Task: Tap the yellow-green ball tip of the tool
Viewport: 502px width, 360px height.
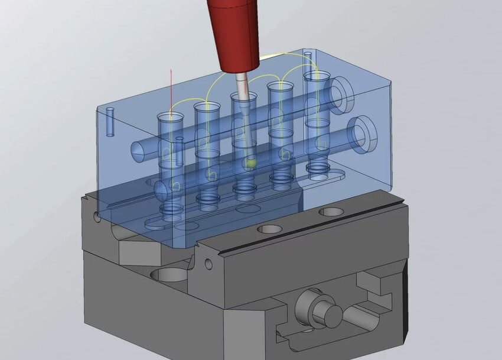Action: click(250, 163)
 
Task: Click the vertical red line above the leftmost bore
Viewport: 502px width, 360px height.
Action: click(170, 89)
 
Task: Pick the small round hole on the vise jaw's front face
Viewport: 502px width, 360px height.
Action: click(208, 263)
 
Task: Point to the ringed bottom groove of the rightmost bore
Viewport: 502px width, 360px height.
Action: click(318, 172)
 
